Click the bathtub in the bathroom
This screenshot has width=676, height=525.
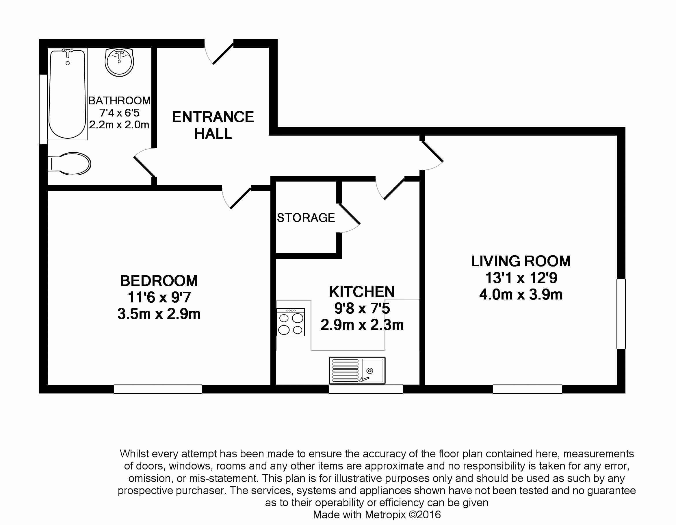(67, 94)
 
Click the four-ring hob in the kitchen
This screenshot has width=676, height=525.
(291, 322)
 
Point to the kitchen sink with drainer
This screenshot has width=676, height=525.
(357, 370)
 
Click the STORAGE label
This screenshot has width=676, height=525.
(306, 218)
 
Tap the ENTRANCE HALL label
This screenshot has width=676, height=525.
(213, 125)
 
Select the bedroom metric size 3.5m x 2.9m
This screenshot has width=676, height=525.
(159, 314)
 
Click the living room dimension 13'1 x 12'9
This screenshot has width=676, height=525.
(521, 278)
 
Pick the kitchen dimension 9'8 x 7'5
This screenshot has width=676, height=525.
(362, 308)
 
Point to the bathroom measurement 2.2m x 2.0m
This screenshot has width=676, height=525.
(119, 125)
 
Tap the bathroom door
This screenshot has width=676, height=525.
(144, 162)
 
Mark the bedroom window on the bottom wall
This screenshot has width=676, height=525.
(157, 389)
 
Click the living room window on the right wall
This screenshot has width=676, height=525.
(621, 314)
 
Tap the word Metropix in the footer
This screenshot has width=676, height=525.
(385, 515)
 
